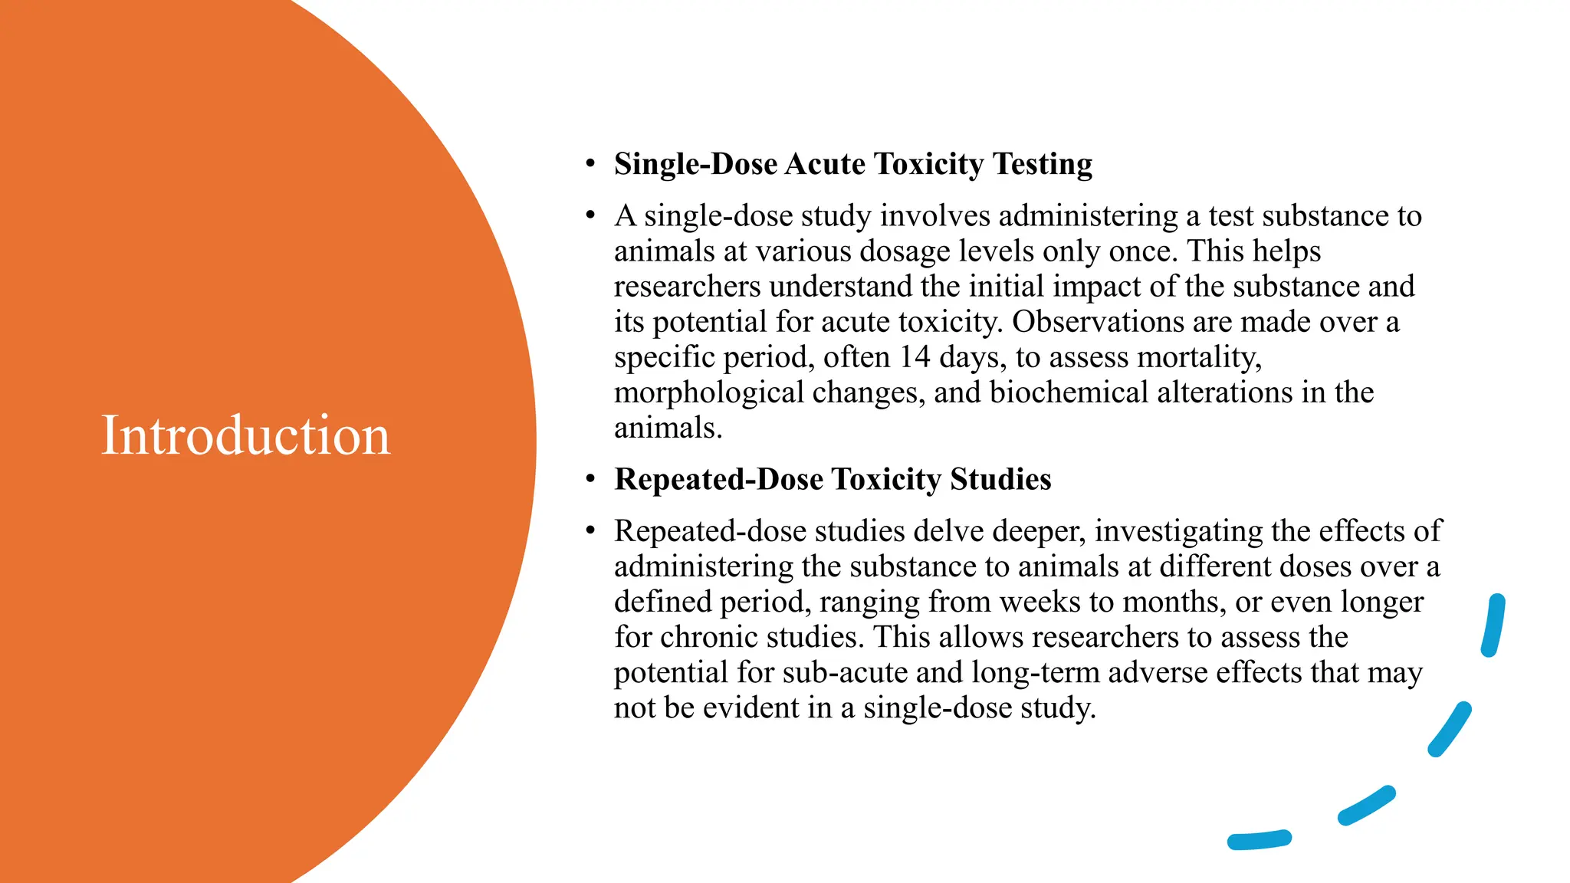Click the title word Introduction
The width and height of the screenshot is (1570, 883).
tap(245, 435)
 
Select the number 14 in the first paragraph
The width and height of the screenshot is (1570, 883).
tap(915, 357)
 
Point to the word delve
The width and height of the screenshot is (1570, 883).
tap(948, 531)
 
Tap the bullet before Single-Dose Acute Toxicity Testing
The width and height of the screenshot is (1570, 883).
tap(590, 164)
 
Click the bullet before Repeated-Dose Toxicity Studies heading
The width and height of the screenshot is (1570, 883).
tap(590, 480)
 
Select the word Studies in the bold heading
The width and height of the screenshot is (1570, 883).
tap(1000, 480)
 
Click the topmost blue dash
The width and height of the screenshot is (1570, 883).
tap(1493, 625)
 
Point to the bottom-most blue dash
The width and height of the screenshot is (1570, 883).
tap(1260, 840)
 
